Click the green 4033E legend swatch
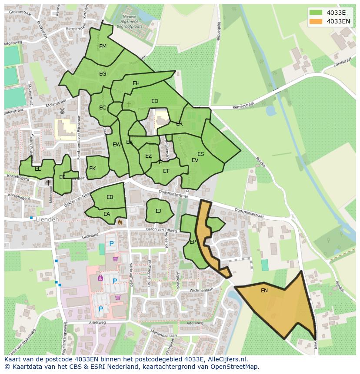[316, 13]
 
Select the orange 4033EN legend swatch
[316, 21]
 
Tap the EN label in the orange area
[264, 291]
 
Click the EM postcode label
[103, 46]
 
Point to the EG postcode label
[103, 74]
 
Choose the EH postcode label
[136, 83]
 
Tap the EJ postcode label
[158, 211]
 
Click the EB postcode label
[110, 197]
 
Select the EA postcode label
[107, 214]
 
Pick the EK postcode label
[92, 169]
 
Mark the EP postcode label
[193, 242]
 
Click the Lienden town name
[47, 220]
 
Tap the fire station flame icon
[120, 222]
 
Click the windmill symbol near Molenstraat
[62, 111]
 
